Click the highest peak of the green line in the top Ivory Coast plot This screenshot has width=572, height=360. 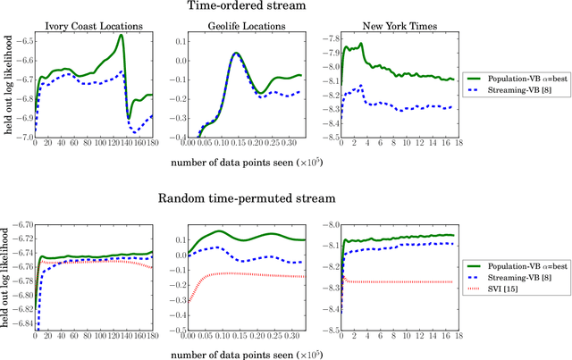point(122,36)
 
